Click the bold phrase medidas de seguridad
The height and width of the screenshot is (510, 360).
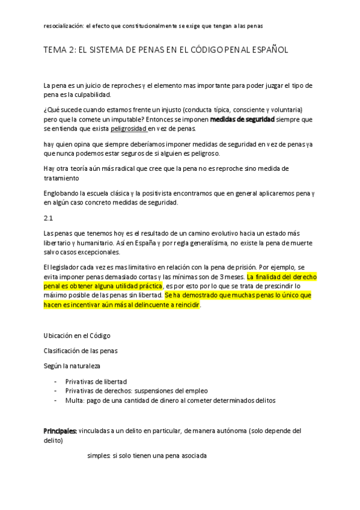click(242, 120)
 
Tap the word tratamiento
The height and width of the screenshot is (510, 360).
click(62, 178)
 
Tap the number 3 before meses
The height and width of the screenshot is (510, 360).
click(222, 276)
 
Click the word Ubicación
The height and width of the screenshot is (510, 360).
click(58, 335)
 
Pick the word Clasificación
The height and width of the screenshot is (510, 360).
click(61, 350)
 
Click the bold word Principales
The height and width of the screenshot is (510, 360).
click(59, 431)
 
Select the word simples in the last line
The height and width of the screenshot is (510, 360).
click(97, 456)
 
